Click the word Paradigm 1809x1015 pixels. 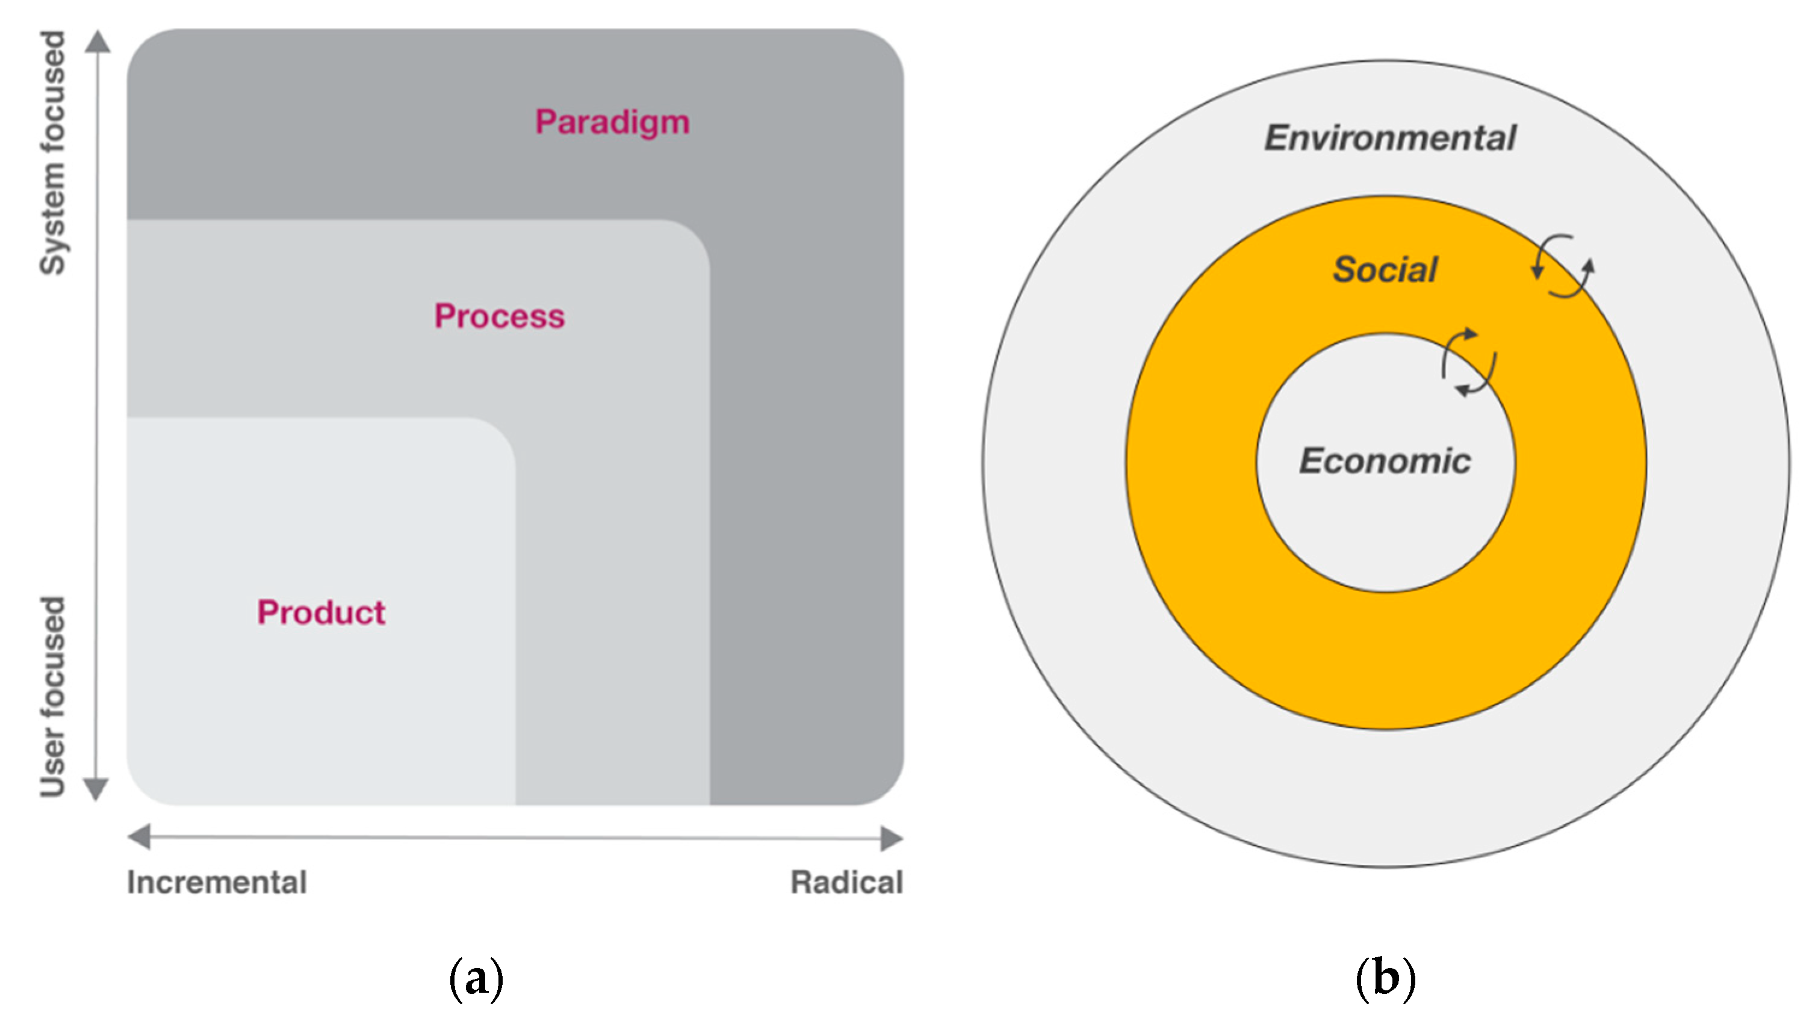pyautogui.click(x=612, y=123)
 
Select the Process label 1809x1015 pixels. pyautogui.click(x=499, y=316)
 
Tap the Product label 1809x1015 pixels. pyautogui.click(x=321, y=612)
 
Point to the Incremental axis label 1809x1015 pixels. pyautogui.click(x=217, y=882)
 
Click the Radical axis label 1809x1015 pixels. pyautogui.click(x=846, y=882)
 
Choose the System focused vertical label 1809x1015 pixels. pyautogui.click(x=52, y=152)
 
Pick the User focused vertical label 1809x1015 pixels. pyautogui.click(x=52, y=696)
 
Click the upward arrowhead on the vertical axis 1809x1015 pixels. pyautogui.click(x=98, y=42)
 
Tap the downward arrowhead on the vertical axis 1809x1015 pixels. pyautogui.click(x=96, y=788)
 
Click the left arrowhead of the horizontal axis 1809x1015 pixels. pyautogui.click(x=140, y=837)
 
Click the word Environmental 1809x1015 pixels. pyautogui.click(x=1390, y=138)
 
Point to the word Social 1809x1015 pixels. pyautogui.click(x=1385, y=270)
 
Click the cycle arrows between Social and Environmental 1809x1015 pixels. pyautogui.click(x=1563, y=266)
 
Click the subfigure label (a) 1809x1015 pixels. pyautogui.click(x=476, y=978)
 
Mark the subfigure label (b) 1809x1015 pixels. pyautogui.click(x=1385, y=978)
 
